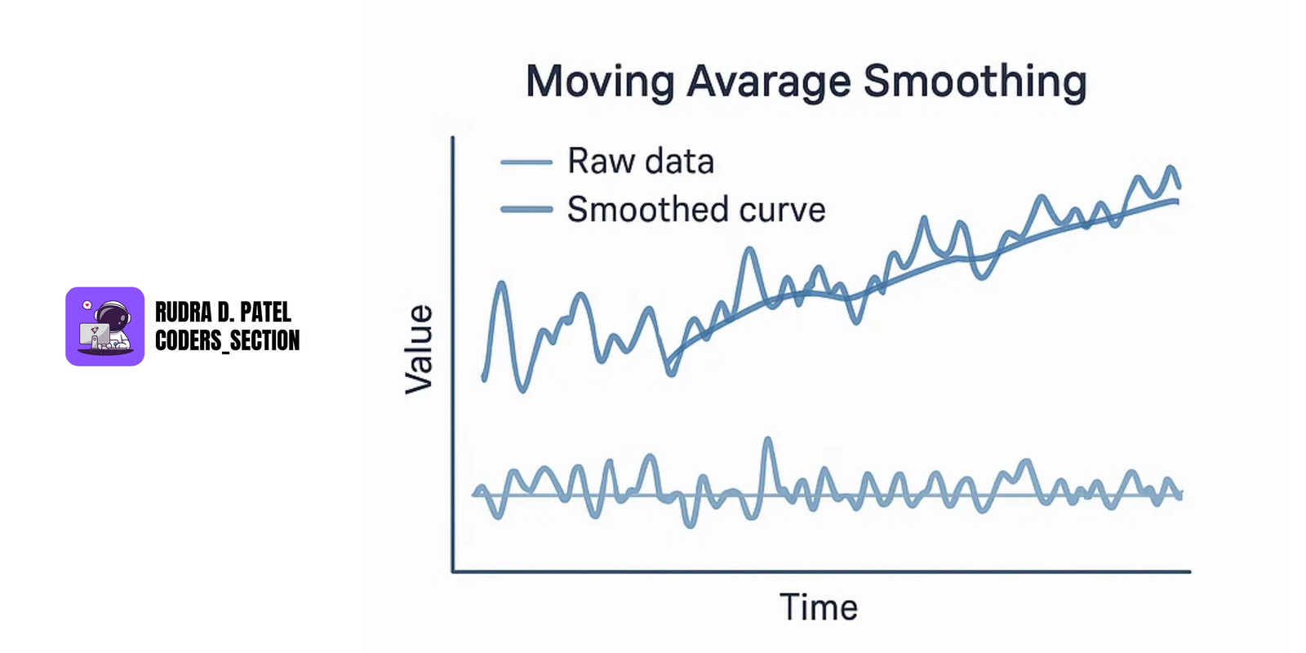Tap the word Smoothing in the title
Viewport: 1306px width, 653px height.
[975, 82]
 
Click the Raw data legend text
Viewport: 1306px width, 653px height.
[641, 162]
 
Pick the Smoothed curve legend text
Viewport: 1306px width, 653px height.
[696, 210]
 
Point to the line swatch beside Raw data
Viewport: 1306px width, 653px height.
[526, 162]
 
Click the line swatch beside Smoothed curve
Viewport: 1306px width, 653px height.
[526, 210]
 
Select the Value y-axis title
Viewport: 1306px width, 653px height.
[420, 349]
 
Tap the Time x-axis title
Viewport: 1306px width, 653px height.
[819, 607]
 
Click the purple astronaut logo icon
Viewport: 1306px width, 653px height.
[104, 326]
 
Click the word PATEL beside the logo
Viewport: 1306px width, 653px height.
[265, 313]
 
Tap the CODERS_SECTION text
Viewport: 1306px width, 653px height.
[227, 340]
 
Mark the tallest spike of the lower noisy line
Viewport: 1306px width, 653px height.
[767, 441]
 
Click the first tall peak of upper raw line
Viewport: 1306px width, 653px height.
[501, 284]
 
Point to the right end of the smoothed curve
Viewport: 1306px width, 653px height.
[1177, 201]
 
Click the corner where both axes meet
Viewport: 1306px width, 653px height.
[453, 571]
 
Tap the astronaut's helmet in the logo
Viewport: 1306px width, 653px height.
[112, 314]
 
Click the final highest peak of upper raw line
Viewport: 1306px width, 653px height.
[1171, 168]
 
